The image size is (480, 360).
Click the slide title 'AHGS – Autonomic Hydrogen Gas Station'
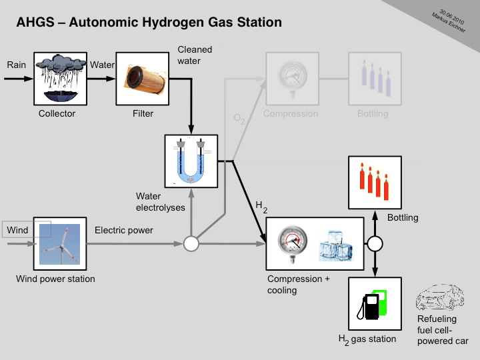(x=149, y=23)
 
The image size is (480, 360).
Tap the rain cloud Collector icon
(x=61, y=79)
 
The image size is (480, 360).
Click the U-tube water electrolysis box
(x=191, y=161)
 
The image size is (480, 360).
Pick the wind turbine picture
(x=61, y=244)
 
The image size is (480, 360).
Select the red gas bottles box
(x=375, y=182)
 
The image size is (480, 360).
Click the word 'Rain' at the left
(x=16, y=65)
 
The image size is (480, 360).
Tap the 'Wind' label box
(x=17, y=231)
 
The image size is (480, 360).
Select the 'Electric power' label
(x=124, y=231)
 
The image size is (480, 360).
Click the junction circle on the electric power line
(x=191, y=244)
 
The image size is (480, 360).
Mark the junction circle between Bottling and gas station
(x=375, y=243)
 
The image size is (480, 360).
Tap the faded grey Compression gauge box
(x=291, y=78)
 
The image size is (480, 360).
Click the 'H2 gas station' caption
(x=367, y=339)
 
